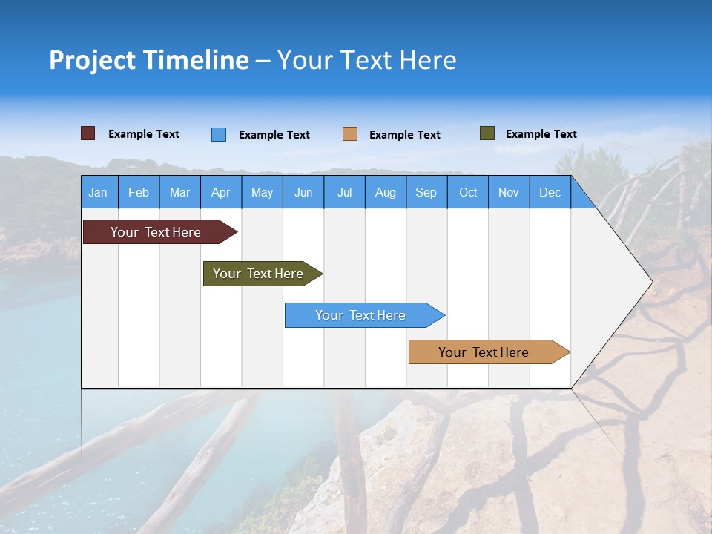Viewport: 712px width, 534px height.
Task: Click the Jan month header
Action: point(98,193)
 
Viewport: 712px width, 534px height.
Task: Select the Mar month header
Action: point(179,193)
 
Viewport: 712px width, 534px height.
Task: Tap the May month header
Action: point(262,193)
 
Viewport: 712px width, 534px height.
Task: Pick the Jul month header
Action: point(344,193)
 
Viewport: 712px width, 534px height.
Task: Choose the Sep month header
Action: point(426,193)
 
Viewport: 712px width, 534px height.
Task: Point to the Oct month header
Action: point(468,193)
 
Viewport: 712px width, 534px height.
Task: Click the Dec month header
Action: point(550,193)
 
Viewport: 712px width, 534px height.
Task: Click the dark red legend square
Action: point(88,133)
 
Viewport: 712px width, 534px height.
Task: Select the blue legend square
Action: point(218,134)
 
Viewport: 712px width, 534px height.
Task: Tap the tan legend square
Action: point(349,134)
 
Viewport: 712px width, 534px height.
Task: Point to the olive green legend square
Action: point(487,133)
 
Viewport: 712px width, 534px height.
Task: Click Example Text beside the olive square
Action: point(541,134)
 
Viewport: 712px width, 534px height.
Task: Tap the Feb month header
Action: point(139,193)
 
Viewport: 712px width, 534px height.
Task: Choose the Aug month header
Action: point(385,193)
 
